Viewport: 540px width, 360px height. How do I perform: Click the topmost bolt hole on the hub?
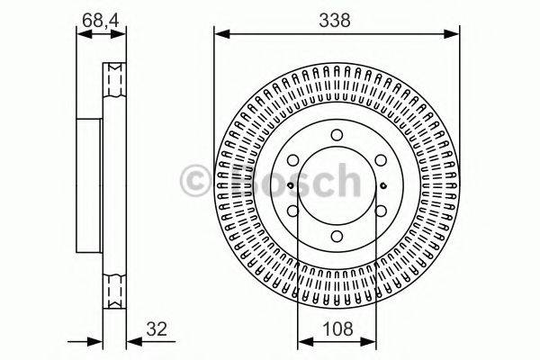pos(335,135)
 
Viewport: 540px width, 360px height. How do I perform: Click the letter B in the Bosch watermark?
pos(237,183)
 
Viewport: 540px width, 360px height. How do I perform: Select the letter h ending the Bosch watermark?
pos(345,183)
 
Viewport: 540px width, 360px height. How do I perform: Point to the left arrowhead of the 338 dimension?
pos(219,34)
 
